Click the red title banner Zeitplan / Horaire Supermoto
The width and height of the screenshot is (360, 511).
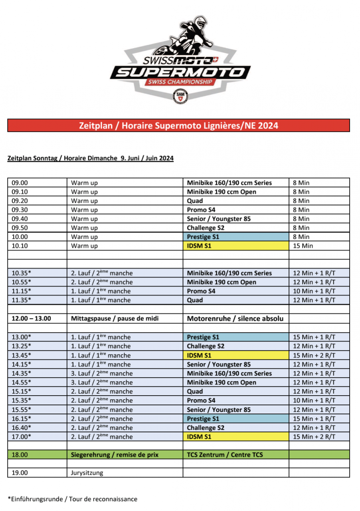pyautogui.click(x=178, y=125)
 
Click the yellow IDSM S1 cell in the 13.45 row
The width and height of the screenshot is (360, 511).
pyautogui.click(x=235, y=355)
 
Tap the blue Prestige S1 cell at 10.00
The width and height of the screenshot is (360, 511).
pyautogui.click(x=235, y=237)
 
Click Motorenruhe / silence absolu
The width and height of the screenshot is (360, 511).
pyautogui.click(x=235, y=319)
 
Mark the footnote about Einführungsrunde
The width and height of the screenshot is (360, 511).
pyautogui.click(x=72, y=499)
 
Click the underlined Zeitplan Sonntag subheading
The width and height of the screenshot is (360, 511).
pyautogui.click(x=91, y=158)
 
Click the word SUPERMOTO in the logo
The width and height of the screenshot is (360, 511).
pyautogui.click(x=180, y=72)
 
